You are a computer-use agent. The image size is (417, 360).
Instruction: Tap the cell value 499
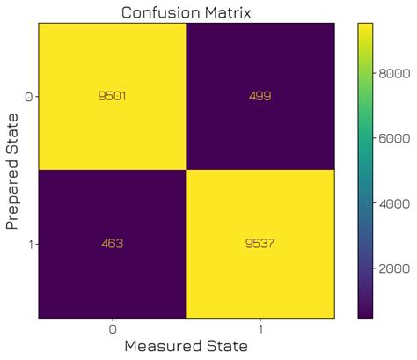(260, 95)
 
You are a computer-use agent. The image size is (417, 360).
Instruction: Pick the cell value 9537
(260, 243)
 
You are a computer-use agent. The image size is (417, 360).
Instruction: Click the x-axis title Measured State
(187, 347)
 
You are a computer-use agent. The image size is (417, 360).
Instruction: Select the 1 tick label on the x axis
(261, 327)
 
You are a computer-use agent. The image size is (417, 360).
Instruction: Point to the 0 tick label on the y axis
(31, 95)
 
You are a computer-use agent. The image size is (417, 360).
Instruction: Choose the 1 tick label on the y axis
(32, 243)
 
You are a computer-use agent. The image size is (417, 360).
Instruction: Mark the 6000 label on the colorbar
(396, 139)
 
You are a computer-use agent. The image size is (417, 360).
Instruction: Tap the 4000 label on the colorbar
(396, 203)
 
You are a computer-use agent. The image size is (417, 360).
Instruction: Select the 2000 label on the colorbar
(396, 267)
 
